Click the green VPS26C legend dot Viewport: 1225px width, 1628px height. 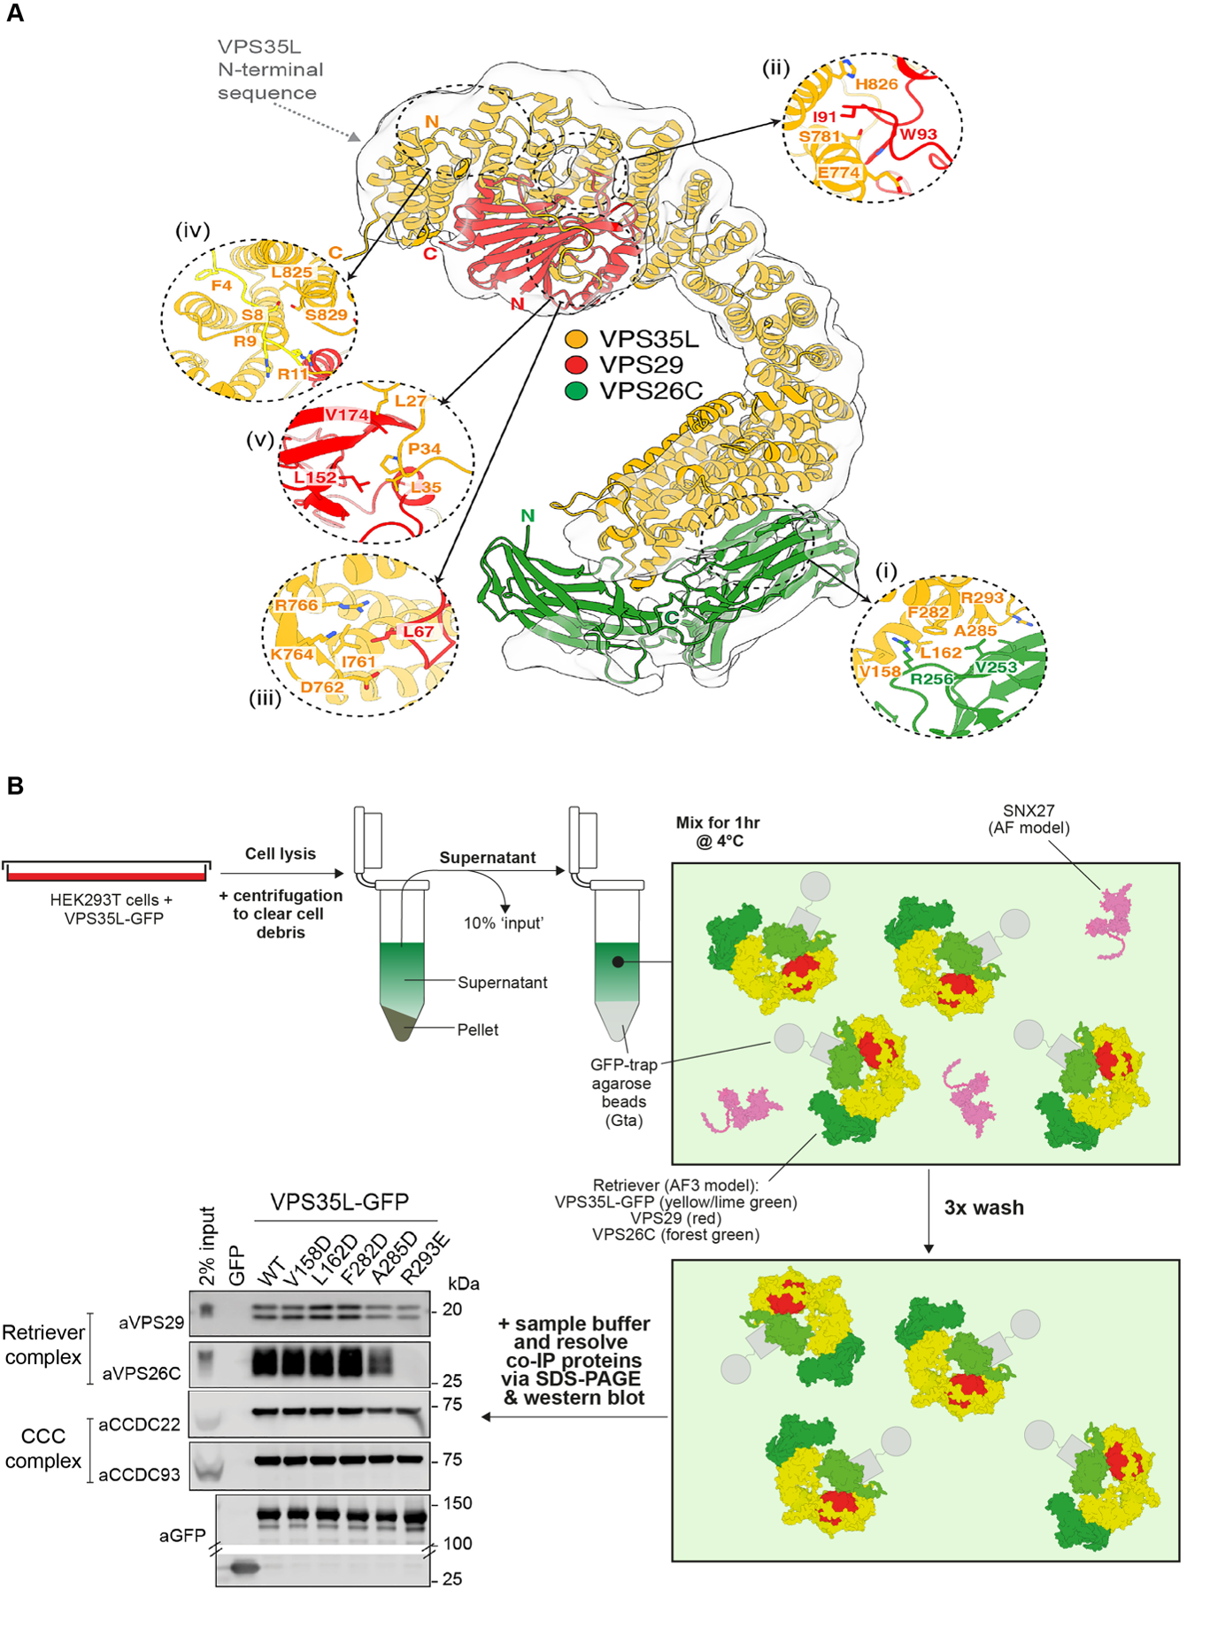point(576,390)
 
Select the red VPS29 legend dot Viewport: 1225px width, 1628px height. point(576,365)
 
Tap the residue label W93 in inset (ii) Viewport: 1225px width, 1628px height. point(918,135)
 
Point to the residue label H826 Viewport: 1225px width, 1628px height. point(876,84)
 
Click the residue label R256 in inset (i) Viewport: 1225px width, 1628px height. point(931,679)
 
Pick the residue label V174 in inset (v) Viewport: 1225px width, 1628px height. point(347,414)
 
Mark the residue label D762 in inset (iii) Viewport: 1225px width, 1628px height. point(321,687)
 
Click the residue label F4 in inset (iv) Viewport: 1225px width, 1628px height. point(221,285)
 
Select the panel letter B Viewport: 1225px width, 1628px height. point(15,785)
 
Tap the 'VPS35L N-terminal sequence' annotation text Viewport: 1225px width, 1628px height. point(270,70)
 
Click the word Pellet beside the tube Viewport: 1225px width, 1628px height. point(477,1030)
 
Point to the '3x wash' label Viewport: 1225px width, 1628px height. point(983,1207)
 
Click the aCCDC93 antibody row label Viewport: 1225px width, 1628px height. point(139,1475)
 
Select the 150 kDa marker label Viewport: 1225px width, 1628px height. point(457,1503)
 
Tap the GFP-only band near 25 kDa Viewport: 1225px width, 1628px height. point(243,1568)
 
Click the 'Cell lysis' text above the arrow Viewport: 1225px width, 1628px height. point(280,853)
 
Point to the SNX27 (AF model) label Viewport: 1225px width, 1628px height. point(1028,819)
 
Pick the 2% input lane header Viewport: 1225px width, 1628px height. point(207,1246)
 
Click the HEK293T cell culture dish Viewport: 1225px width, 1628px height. point(106,871)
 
